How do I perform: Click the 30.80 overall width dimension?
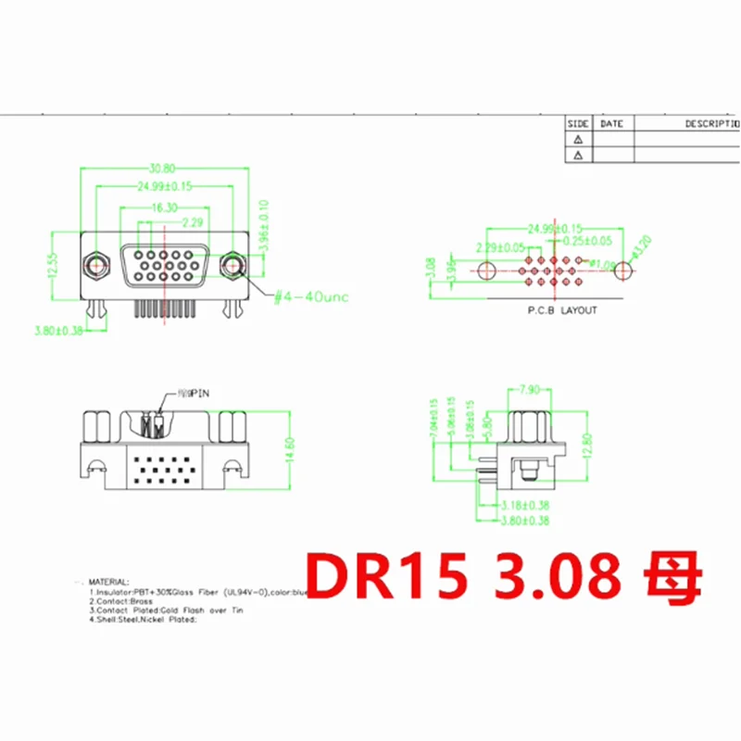coord(163,169)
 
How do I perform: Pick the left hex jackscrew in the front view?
coord(96,266)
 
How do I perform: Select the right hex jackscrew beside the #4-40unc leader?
coord(232,266)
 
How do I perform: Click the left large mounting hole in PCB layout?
coord(487,270)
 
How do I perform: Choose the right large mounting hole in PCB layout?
coord(626,270)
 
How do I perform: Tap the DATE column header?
coord(612,122)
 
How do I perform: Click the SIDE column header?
coord(578,122)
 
